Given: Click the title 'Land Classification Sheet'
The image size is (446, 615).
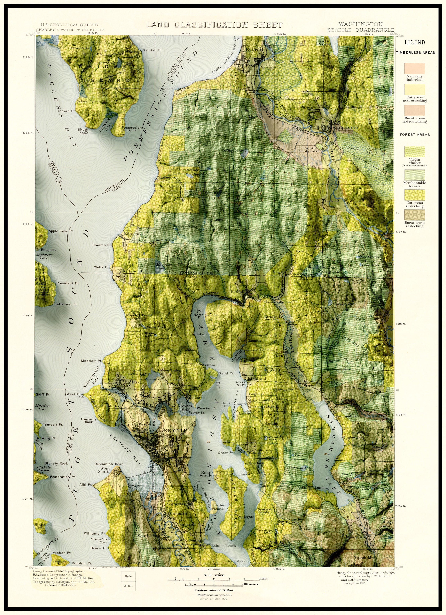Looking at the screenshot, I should tap(214, 25).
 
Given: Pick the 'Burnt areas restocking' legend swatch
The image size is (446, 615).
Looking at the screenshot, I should tap(415, 215).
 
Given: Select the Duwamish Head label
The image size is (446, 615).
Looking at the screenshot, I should tap(109, 464).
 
